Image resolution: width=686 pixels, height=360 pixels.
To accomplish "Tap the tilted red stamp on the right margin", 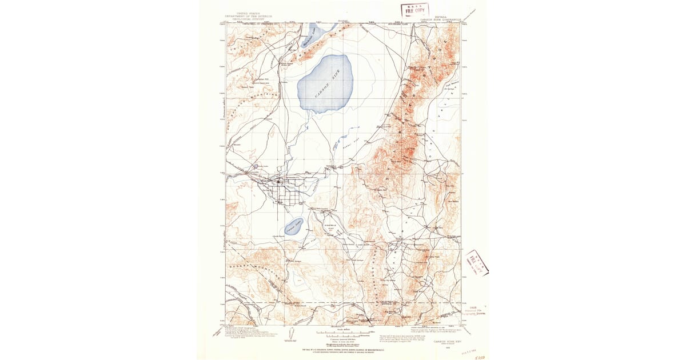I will coord(476,263).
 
